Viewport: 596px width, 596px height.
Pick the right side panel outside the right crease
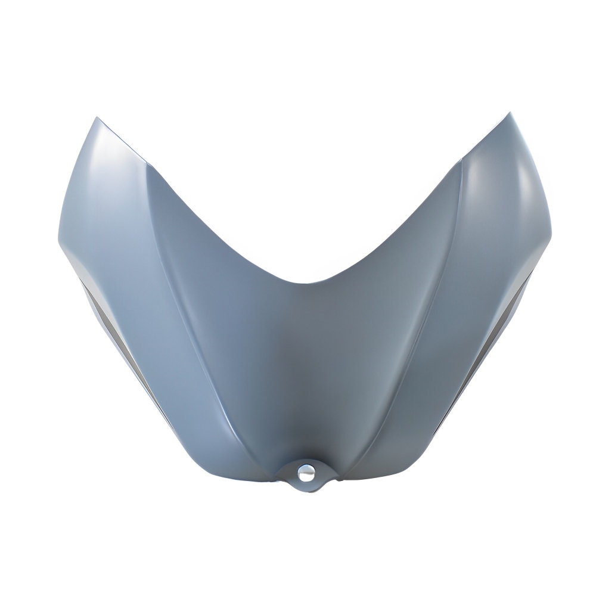[x=489, y=250]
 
